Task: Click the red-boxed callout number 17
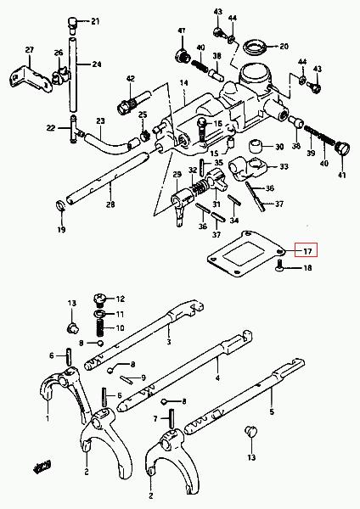(307, 251)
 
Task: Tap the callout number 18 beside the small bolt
(307, 268)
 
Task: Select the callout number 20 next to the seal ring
(284, 47)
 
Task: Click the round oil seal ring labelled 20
(256, 47)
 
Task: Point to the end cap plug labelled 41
(342, 150)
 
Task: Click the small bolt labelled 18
(279, 266)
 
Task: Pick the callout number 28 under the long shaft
(110, 204)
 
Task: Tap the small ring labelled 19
(60, 205)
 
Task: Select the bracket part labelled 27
(31, 79)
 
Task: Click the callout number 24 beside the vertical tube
(97, 64)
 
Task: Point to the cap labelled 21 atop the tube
(72, 25)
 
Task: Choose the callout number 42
(130, 79)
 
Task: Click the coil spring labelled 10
(99, 328)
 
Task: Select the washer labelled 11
(99, 314)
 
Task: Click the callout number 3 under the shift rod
(169, 342)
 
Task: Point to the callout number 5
(272, 412)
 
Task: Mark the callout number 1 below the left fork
(48, 418)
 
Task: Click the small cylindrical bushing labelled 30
(256, 146)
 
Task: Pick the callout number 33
(284, 166)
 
